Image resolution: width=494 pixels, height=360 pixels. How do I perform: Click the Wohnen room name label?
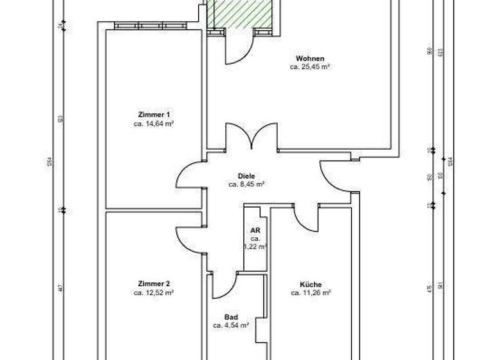point(309,58)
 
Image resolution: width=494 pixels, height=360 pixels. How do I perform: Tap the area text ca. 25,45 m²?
point(309,66)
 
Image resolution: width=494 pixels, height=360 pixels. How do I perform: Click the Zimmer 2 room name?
point(154,283)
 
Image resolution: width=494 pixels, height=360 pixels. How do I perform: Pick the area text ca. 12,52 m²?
point(154,292)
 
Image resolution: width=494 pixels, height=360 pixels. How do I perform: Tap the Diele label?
point(246,175)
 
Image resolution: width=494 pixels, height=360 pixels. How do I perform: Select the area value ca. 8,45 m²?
point(246,184)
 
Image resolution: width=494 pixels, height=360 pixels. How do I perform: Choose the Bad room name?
point(231,317)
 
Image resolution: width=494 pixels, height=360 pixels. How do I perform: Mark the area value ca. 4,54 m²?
point(231,325)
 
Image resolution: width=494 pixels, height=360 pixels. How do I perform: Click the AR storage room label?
point(255,230)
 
